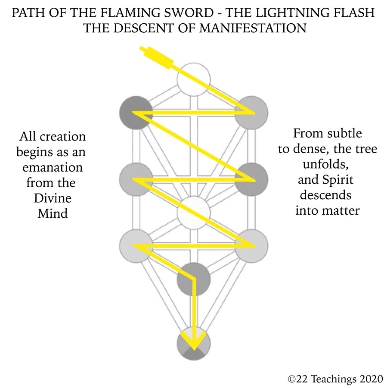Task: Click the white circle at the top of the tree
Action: (194, 79)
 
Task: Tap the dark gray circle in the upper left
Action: (136, 113)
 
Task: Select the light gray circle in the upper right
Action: (252, 113)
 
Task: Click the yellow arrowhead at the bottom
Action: (194, 342)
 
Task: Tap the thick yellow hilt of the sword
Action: (160, 58)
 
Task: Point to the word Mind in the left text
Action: (53, 213)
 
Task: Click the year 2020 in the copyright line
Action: (368, 379)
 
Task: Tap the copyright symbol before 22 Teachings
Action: (292, 379)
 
